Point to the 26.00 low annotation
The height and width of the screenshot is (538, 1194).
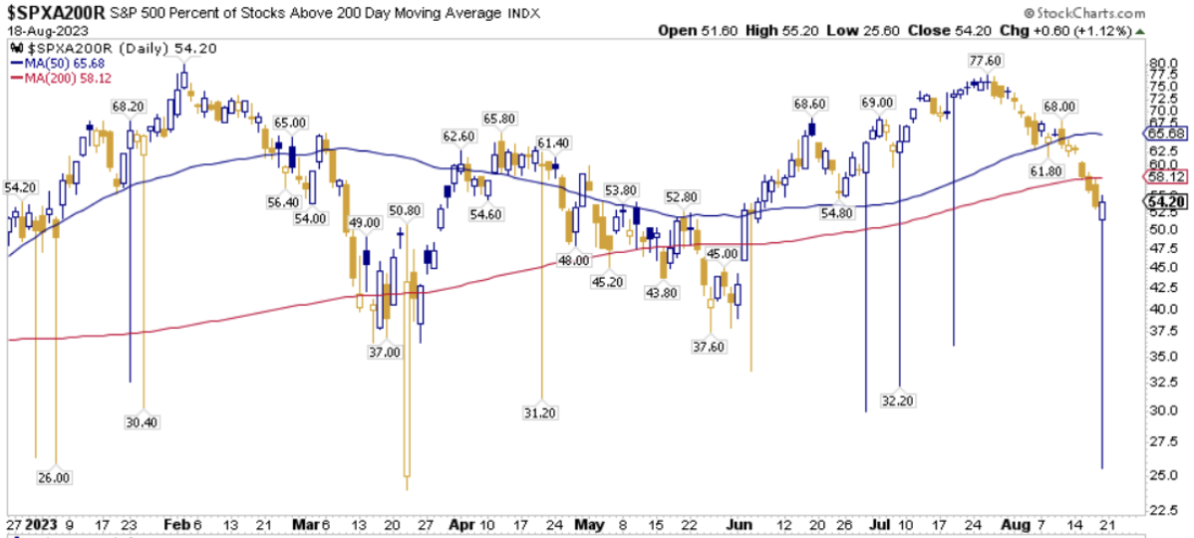coord(54,477)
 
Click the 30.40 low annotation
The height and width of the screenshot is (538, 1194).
coord(142,421)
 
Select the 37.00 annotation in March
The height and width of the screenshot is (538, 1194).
coord(384,352)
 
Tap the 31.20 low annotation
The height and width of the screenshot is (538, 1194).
coord(539,411)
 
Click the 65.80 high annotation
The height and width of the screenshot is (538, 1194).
coord(499,118)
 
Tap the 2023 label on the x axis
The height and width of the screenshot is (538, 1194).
coord(42,524)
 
